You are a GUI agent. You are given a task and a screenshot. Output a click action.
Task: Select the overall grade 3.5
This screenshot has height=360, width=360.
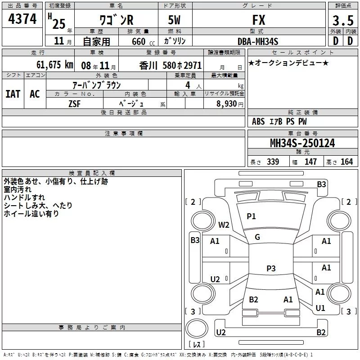tap(342, 21)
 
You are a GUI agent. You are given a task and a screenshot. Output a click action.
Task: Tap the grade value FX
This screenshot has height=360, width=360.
tap(259, 20)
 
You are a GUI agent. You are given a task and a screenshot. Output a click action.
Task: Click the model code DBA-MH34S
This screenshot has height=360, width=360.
tap(258, 41)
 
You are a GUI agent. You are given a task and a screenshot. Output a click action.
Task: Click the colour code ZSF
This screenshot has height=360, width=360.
tap(74, 103)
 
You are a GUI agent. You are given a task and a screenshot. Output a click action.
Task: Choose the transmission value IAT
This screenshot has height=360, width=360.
tap(13, 94)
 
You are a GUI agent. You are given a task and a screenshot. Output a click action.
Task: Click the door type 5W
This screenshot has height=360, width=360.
tap(175, 20)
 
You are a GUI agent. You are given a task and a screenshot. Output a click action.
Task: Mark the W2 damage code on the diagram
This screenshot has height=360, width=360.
tap(224, 225)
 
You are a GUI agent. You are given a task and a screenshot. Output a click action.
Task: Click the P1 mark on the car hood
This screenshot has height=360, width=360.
tap(251, 216)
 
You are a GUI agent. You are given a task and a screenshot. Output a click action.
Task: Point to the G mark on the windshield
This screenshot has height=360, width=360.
tap(257, 237)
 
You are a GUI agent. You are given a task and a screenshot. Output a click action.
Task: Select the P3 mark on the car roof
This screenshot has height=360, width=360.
tap(270, 269)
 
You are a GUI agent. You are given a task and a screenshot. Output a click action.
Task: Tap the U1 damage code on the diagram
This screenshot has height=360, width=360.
tap(320, 308)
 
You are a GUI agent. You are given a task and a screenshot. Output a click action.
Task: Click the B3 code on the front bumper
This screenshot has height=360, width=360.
tap(321, 184)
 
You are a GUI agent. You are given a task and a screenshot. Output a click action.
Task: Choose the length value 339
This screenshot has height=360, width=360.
tap(273, 162)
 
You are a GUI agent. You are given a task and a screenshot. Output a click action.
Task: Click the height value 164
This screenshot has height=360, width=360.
tap(346, 162)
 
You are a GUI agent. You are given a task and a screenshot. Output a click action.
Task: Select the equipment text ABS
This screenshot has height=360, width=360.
tap(258, 121)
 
